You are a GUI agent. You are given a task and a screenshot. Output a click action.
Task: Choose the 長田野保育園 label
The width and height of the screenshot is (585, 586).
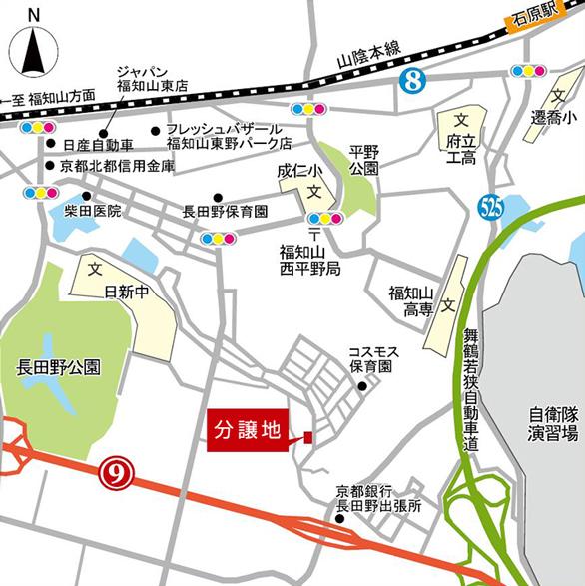(226, 212)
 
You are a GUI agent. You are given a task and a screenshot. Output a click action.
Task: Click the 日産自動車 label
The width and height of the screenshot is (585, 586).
(97, 146)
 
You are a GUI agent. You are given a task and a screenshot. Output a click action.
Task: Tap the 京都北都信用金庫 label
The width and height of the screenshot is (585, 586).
(116, 166)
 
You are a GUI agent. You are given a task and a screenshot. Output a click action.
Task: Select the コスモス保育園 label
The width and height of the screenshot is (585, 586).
(371, 359)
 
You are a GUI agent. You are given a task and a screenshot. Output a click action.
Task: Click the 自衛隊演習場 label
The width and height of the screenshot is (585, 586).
(555, 424)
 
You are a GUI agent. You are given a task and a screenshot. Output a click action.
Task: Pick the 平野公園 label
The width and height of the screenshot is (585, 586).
(364, 160)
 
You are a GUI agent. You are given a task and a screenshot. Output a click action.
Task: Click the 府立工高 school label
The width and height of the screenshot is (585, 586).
(461, 149)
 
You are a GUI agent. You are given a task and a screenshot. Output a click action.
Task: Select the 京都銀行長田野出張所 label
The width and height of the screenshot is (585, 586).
(379, 498)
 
